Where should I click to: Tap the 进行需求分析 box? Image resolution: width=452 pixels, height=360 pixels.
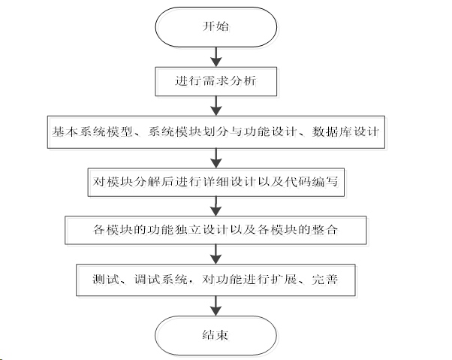pos(216,80)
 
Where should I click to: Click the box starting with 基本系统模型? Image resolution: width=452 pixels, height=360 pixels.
pos(216,131)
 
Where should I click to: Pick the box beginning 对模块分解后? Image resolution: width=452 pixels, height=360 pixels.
pos(216,180)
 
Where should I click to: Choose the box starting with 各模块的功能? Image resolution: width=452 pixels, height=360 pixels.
pos(216,228)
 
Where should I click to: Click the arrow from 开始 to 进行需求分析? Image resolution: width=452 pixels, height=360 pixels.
pos(216,56)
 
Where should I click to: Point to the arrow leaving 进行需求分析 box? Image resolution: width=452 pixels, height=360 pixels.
pos(216,105)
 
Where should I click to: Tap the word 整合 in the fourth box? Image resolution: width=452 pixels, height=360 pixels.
pos(334,228)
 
